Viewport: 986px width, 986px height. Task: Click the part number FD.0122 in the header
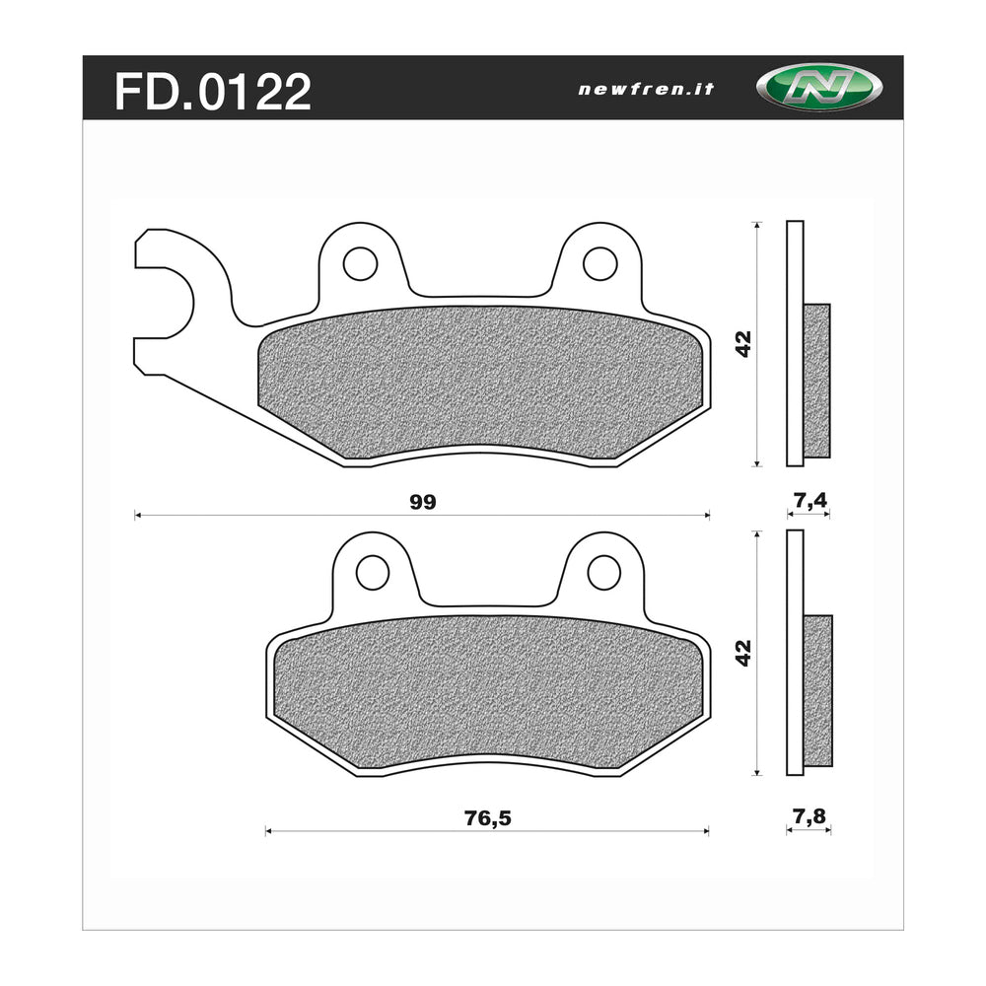[x=213, y=92]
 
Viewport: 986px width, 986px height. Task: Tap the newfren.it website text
[x=646, y=89]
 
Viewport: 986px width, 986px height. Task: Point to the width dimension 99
[x=422, y=502]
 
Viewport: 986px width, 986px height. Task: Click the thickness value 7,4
[x=809, y=501]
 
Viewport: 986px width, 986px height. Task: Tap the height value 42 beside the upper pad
[x=743, y=343]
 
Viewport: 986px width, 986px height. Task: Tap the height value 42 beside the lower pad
[x=743, y=652]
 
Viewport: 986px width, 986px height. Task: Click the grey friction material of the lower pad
[x=488, y=690]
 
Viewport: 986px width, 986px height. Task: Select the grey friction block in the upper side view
[x=816, y=381]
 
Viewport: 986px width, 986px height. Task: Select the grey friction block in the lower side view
[x=817, y=689]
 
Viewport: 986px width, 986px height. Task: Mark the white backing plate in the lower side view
[x=795, y=652]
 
